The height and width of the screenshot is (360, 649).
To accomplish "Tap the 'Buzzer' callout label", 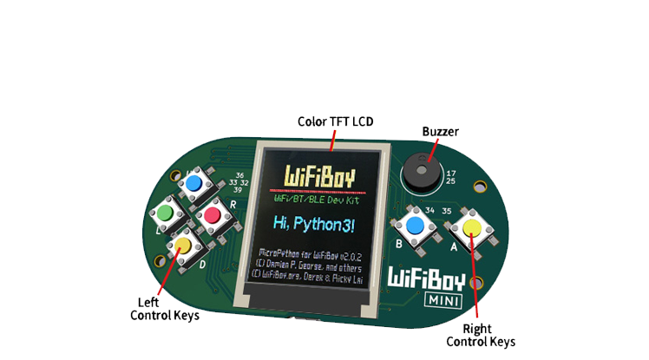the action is click(x=440, y=132).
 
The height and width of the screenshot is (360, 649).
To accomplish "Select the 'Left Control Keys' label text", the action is click(x=164, y=309).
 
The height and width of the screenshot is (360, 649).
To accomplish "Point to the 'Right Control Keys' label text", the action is click(x=480, y=335).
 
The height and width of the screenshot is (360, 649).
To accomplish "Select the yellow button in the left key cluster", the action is click(x=183, y=245).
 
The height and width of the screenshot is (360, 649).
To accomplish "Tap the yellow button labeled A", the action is click(x=471, y=228).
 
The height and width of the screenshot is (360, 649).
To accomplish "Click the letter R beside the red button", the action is click(x=233, y=204).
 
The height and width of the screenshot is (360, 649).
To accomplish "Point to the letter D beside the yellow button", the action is click(x=202, y=264).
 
